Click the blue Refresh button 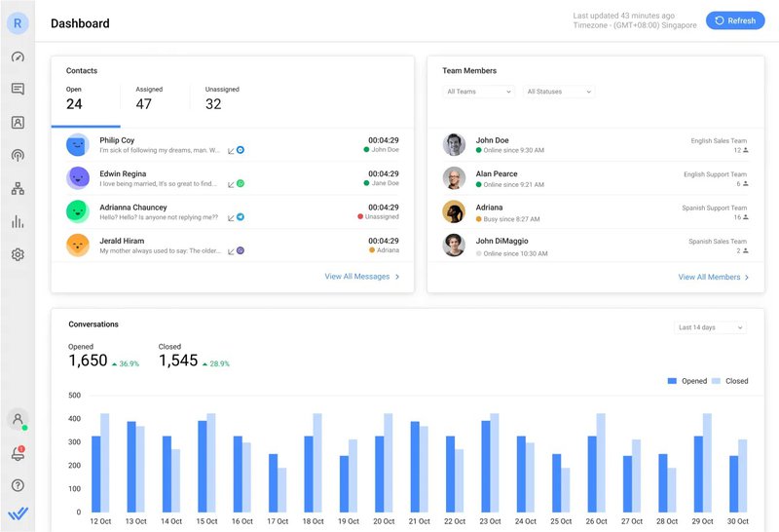coord(735,20)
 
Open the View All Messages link coord(362,277)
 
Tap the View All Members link coord(714,278)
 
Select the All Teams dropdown coord(479,92)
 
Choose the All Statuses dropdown coord(559,92)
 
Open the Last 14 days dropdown coord(711,327)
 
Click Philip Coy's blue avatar coord(78,145)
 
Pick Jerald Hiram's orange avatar coord(78,246)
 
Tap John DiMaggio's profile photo coord(454,246)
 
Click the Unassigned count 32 coord(213,104)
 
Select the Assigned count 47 coord(143,104)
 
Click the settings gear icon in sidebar coord(18,254)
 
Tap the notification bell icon coord(18,454)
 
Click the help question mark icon coord(18,485)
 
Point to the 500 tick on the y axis coord(75,396)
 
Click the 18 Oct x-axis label coord(314,521)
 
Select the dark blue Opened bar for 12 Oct coord(96,474)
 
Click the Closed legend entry coord(730,381)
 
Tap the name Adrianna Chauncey coord(132,208)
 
